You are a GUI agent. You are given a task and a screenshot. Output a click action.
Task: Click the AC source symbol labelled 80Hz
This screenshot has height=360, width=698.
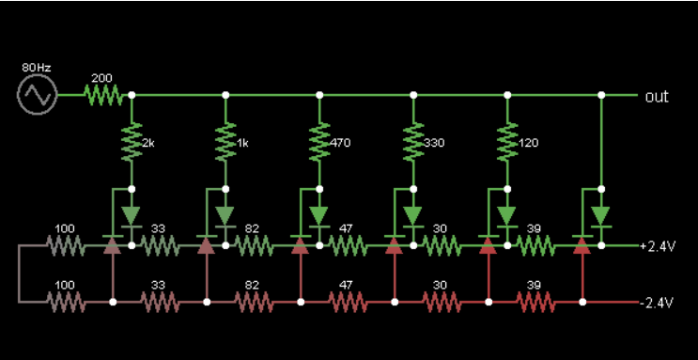[38, 94]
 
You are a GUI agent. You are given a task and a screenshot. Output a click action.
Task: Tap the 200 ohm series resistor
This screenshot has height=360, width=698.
[102, 95]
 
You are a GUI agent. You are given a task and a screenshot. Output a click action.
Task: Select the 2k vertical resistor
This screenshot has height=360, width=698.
[132, 142]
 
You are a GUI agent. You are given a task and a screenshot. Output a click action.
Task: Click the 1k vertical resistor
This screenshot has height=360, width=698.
[225, 142]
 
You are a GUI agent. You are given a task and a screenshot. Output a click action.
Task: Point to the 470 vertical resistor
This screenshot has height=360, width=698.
[319, 142]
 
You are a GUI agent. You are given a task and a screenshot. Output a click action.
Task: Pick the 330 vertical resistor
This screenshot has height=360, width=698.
[413, 142]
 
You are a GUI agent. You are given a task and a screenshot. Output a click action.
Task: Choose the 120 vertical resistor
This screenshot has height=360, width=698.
[507, 142]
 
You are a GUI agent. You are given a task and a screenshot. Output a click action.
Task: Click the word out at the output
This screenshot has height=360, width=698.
[657, 97]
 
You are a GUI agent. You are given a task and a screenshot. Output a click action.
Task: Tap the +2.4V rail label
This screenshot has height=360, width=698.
[658, 246]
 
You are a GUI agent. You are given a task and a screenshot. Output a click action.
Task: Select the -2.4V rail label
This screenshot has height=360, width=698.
[658, 303]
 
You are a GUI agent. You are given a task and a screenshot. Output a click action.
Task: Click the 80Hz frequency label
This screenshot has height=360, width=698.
[37, 68]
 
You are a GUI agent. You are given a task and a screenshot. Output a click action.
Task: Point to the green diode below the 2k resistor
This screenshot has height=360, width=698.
[132, 217]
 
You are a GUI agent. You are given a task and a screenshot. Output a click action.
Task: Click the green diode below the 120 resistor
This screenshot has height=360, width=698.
[507, 217]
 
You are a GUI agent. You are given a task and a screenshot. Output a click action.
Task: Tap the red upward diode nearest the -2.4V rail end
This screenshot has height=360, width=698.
[582, 245]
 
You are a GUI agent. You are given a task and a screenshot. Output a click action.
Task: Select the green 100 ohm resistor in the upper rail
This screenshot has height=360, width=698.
[66, 245]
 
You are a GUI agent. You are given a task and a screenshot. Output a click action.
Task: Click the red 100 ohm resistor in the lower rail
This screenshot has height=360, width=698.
[66, 302]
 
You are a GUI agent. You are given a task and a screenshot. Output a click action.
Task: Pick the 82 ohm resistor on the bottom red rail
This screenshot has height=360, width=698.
[254, 302]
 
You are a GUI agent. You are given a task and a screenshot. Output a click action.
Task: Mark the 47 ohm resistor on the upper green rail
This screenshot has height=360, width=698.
[348, 245]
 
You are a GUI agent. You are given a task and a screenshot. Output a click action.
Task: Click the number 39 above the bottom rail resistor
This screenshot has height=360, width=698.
[534, 285]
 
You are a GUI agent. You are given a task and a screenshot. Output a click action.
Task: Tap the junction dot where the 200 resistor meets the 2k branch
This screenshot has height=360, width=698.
[132, 95]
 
